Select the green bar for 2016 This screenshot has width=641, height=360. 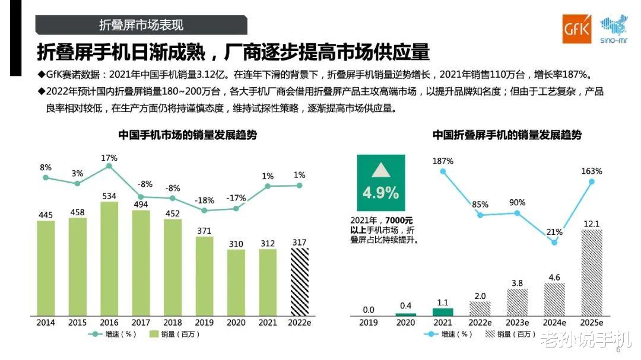pyautogui.click(x=109, y=259)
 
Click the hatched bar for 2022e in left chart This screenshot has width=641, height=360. pyautogui.click(x=300, y=281)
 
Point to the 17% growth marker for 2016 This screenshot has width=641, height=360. pyautogui.click(x=109, y=167)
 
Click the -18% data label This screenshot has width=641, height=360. pyautogui.click(x=204, y=199)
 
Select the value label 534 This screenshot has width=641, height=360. pyautogui.click(x=109, y=195)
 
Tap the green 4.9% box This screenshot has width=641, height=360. pyautogui.click(x=380, y=183)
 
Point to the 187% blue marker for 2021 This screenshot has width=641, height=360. pyautogui.click(x=443, y=171)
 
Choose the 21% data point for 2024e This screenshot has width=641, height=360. pyautogui.click(x=554, y=242)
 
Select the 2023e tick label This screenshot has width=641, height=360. pyautogui.click(x=517, y=322)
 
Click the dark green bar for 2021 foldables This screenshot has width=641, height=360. pyautogui.click(x=443, y=311)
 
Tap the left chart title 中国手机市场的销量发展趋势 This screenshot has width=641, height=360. pyautogui.click(x=187, y=135)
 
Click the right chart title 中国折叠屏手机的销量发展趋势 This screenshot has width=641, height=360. pyautogui.click(x=507, y=135)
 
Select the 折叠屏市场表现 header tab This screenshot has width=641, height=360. pyautogui.click(x=141, y=24)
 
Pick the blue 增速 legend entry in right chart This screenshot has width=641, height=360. pyautogui.click(x=449, y=334)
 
